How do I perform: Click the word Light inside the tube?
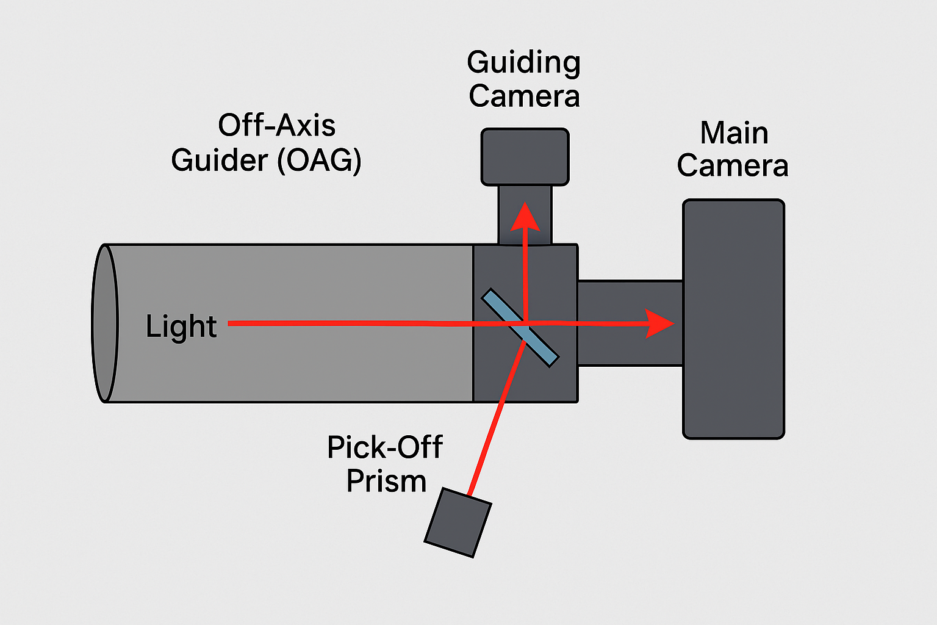pos(181,327)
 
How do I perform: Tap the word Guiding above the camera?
pos(523,63)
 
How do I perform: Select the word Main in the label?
pos(734,133)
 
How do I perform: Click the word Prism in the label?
pos(386,482)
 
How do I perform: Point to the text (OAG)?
pos(319,161)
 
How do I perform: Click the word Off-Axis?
pos(276,126)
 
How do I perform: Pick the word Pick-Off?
pos(384,447)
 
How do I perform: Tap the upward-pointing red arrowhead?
pos(525,217)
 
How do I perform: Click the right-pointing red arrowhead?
pos(659,323)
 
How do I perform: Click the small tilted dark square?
pos(458,522)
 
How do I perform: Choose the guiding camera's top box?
pos(525,156)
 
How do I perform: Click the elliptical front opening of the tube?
pos(104,323)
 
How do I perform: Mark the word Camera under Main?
pos(732,166)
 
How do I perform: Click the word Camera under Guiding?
pos(524,96)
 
